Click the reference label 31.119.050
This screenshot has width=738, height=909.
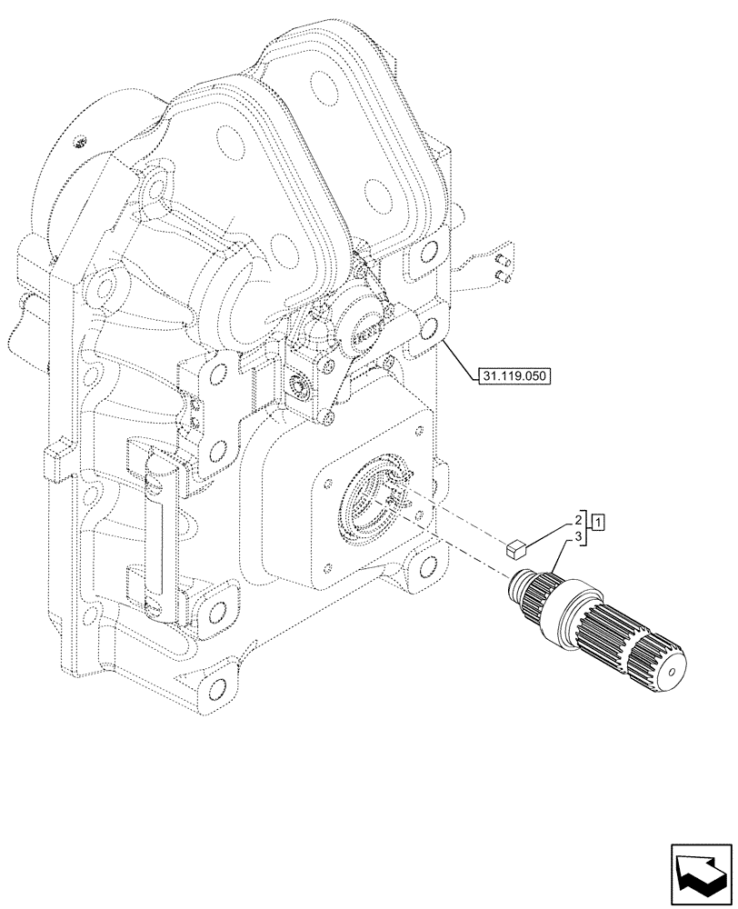click(517, 374)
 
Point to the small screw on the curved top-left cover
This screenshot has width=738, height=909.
click(80, 140)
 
